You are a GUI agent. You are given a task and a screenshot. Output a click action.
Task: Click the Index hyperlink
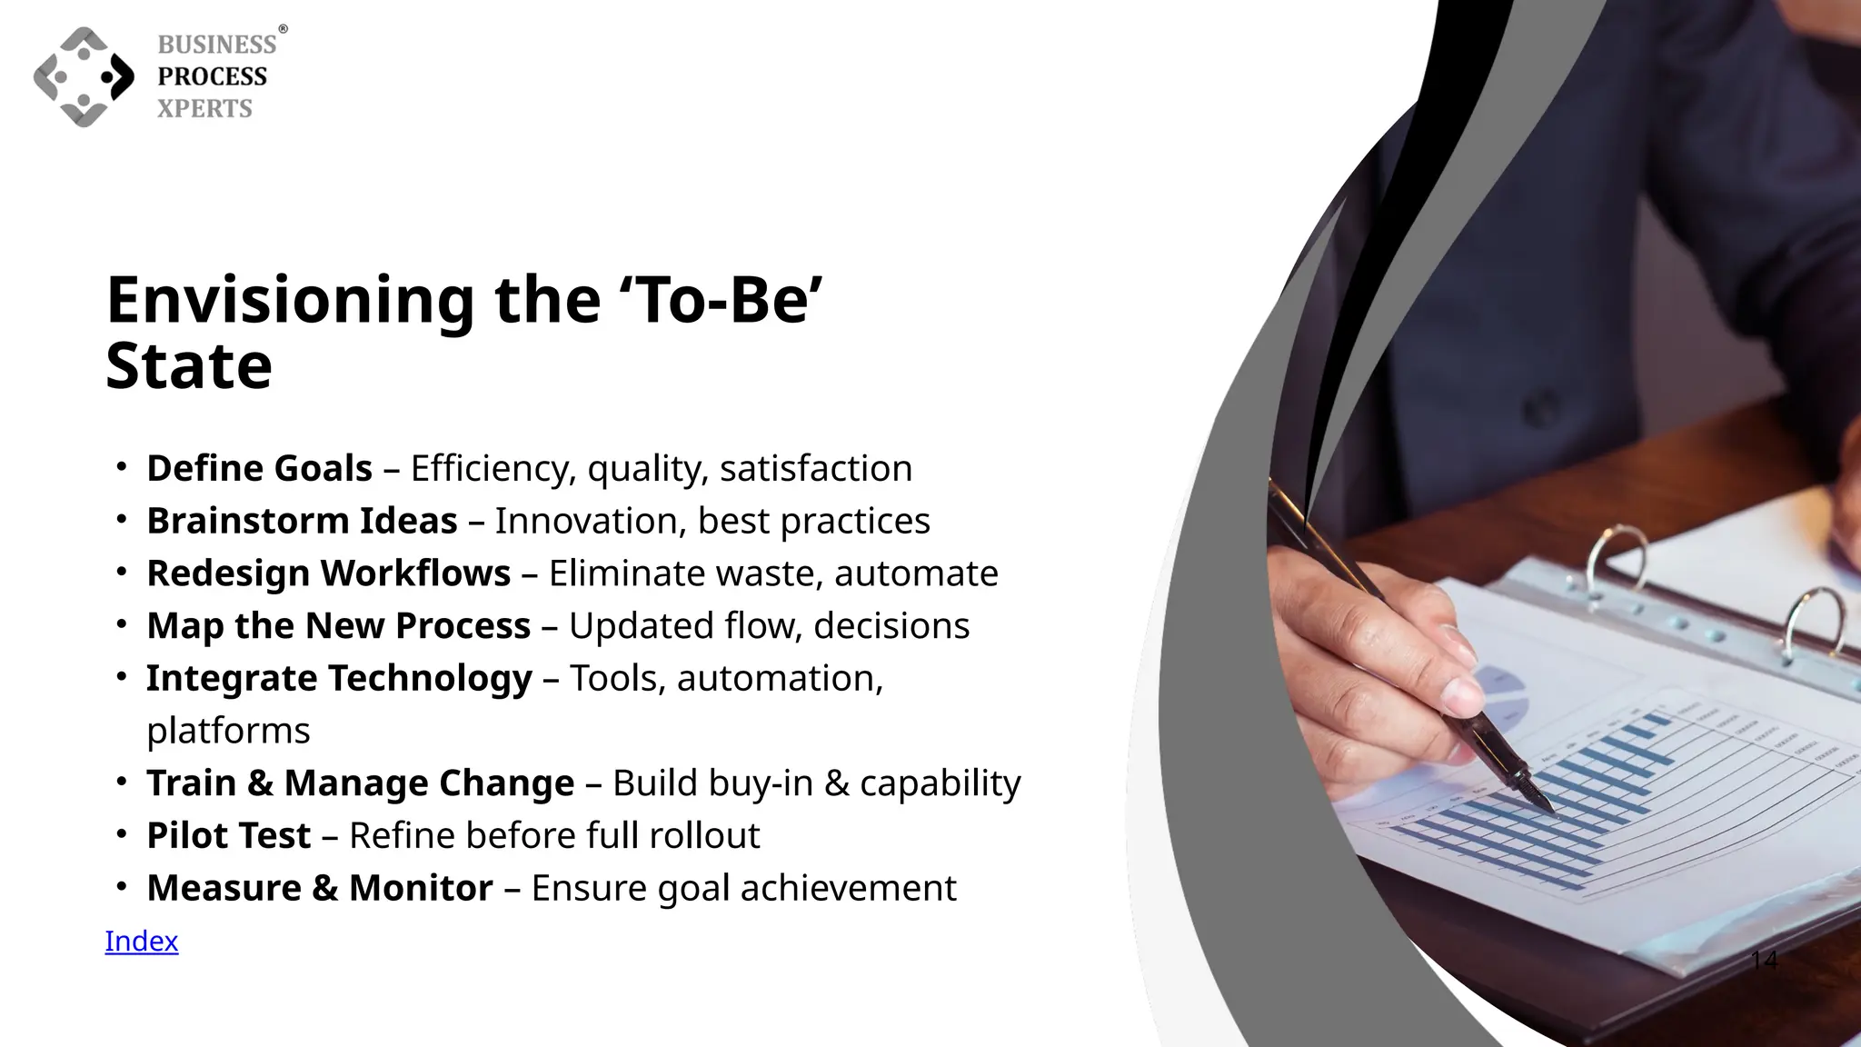point(142,941)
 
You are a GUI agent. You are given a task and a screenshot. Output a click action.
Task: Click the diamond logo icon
point(84,76)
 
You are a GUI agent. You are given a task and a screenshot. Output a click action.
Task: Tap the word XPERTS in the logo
point(204,108)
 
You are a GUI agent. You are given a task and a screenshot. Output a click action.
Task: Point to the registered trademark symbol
point(283,30)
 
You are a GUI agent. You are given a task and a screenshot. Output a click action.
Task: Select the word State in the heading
point(189,366)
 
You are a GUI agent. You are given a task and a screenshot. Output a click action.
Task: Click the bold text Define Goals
point(259,468)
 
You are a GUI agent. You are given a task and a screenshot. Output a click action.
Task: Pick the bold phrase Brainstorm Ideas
point(302,521)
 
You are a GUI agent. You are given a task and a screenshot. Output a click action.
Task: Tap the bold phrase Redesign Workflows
point(328,573)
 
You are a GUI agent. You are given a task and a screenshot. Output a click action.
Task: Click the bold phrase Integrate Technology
point(339,678)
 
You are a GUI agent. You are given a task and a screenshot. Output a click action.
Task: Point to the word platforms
point(228,731)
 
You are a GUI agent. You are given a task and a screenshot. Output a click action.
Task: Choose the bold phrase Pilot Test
point(229,835)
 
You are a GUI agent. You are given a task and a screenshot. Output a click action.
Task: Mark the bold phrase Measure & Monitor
point(320,888)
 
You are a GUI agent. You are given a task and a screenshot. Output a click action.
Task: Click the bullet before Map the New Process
point(121,625)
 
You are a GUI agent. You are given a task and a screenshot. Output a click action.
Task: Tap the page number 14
point(1764,960)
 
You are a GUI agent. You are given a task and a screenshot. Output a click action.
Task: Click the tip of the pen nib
point(1550,810)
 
